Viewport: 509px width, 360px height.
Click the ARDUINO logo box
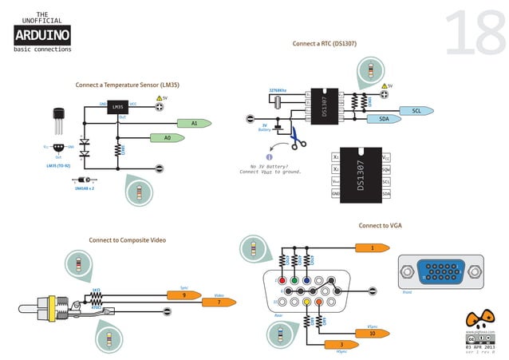click(42, 34)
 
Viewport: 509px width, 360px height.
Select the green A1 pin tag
click(194, 124)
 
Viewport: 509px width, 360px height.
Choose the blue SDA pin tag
click(384, 119)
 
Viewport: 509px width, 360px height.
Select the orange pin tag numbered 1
click(371, 248)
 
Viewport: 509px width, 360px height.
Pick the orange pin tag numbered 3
click(341, 344)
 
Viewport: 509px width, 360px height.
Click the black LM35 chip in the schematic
click(117, 106)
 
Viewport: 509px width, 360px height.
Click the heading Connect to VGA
click(380, 226)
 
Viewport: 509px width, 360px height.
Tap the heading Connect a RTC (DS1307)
click(324, 43)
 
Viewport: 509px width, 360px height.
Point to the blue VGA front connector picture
click(440, 273)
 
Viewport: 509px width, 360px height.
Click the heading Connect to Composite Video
click(127, 239)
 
